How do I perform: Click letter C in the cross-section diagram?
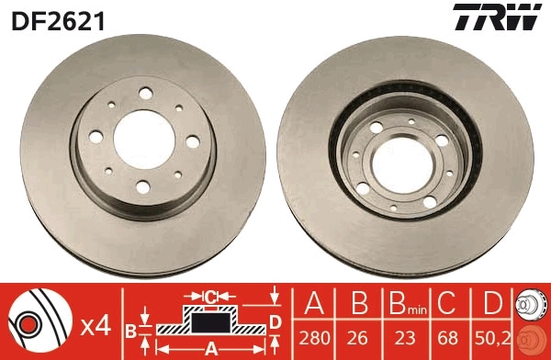click(x=209, y=297)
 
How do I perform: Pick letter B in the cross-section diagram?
click(x=130, y=329)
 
